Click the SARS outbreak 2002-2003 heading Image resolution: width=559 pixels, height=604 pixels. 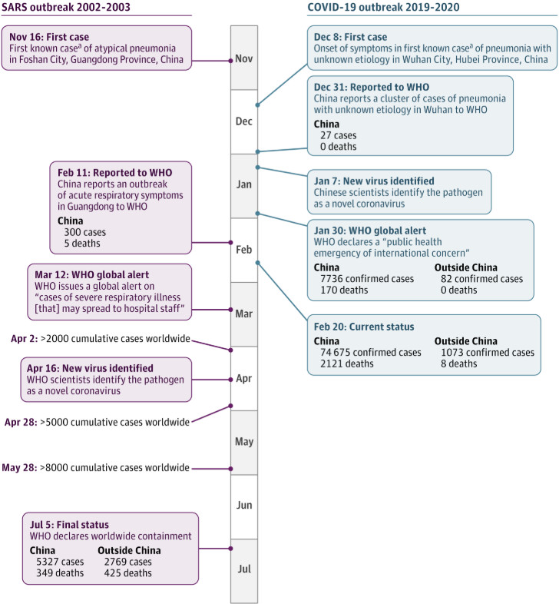coord(66,7)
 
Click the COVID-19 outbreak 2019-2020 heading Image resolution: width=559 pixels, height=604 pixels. coord(383,7)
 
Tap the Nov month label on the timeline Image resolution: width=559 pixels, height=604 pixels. coord(243,58)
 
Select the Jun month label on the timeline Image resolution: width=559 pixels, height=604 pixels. coord(244,505)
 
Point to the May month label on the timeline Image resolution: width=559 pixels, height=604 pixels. coord(244,441)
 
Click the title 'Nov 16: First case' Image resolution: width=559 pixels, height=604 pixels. coord(49,37)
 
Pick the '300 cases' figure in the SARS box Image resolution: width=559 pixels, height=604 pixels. coord(85,232)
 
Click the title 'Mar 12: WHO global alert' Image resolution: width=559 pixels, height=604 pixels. coord(91,274)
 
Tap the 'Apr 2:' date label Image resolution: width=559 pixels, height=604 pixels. coord(25,339)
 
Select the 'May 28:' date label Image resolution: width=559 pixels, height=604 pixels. coord(20,468)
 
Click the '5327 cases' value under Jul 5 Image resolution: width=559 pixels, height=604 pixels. coord(60,562)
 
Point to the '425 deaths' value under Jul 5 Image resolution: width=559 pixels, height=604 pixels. coord(127,572)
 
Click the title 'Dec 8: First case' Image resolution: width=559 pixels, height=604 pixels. coord(350,37)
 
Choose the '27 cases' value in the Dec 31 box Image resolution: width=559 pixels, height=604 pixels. coord(339,135)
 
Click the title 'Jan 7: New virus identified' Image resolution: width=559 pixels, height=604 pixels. coord(374,181)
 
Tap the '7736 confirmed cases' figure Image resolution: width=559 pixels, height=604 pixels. coord(367,278)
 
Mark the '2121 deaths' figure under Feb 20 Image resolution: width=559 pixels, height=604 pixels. coord(347,363)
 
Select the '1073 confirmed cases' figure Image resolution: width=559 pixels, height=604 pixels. coord(488,353)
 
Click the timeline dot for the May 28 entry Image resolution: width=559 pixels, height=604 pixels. coord(230,469)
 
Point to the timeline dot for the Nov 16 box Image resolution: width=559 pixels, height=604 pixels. coord(230,61)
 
